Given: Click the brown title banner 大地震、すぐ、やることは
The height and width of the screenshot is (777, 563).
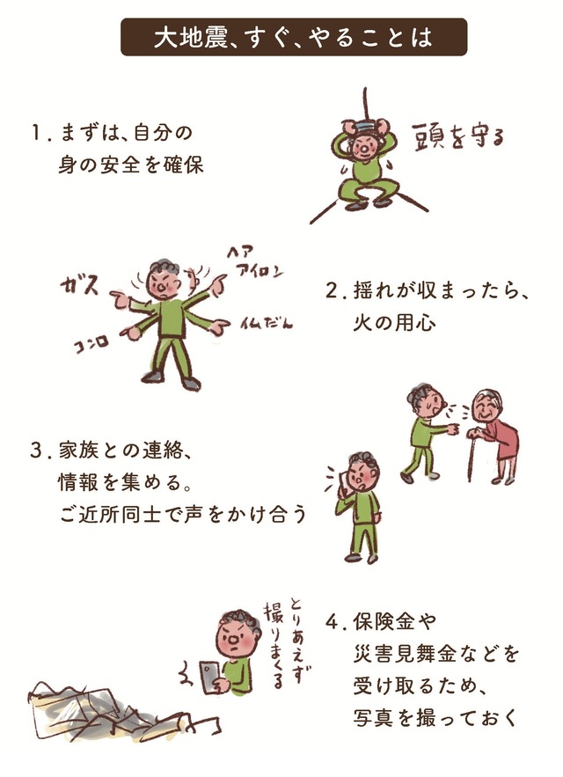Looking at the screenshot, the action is coord(294,37).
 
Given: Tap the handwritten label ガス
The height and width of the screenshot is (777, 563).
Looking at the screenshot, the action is coord(79,286).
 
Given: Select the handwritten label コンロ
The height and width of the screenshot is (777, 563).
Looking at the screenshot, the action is coord(91,343).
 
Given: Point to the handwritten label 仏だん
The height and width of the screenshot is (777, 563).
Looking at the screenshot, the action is coord(267,323).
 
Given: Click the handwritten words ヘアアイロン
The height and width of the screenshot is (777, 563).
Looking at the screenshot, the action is coord(255,262).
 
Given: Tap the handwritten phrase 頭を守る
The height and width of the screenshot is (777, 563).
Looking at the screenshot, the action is coord(458,136).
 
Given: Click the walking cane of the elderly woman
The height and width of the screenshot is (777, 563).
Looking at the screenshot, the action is coord(470,453).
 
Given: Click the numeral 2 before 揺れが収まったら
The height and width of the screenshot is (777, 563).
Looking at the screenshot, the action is coord(331,291).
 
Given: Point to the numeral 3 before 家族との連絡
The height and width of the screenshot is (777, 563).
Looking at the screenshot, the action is coord(36,451).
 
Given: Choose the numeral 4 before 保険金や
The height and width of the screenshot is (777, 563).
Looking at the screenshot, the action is coord(332,622).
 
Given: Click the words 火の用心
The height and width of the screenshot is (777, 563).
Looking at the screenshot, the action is coord(394,323).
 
